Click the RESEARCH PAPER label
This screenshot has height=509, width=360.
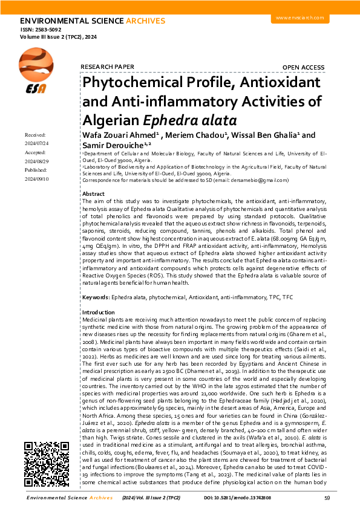tap(106, 66)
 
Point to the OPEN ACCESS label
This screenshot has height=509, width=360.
tap(303, 66)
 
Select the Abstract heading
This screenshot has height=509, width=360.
tap(93, 193)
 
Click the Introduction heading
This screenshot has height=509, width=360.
tap(97, 312)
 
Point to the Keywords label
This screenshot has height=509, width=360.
tap(95, 297)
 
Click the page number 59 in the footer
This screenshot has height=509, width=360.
tap(327, 498)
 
